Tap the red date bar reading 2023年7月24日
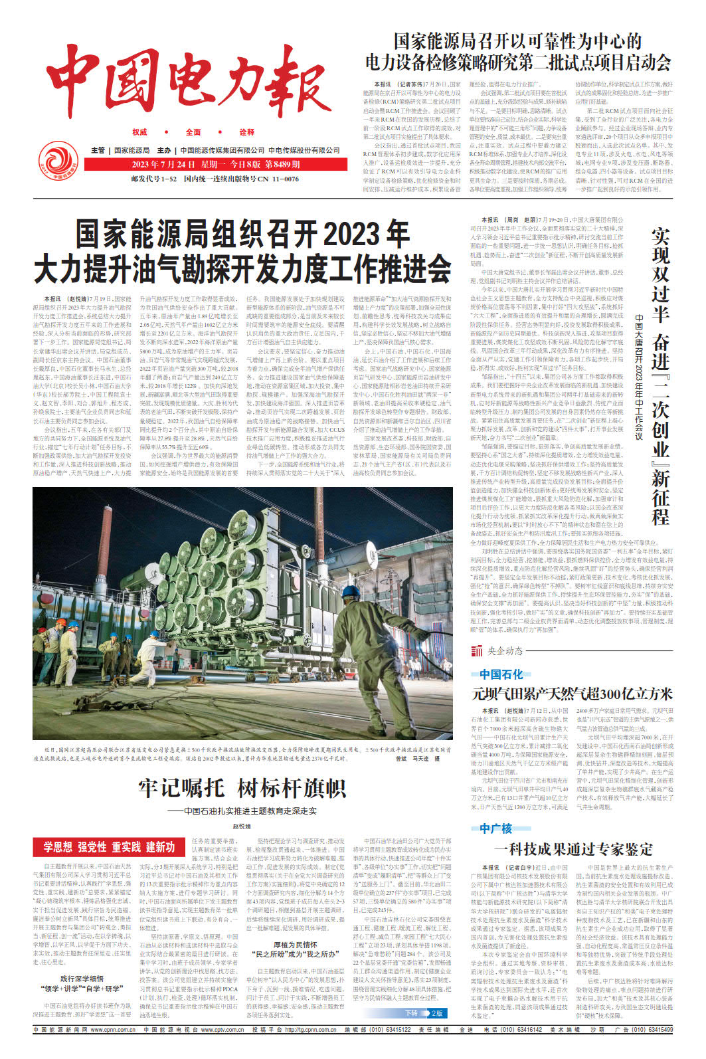[216, 164]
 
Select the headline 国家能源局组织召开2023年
[242, 235]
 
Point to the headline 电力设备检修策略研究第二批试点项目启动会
[518, 62]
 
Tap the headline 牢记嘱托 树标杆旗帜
[242, 788]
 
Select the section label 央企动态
[505, 650]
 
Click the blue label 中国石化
[501, 674]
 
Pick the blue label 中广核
[495, 828]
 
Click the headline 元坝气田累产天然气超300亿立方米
[572, 694]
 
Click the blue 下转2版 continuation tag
[424, 1013]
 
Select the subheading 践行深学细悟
[82, 979]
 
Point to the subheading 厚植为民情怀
[295, 944]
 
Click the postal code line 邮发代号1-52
[154, 179]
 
